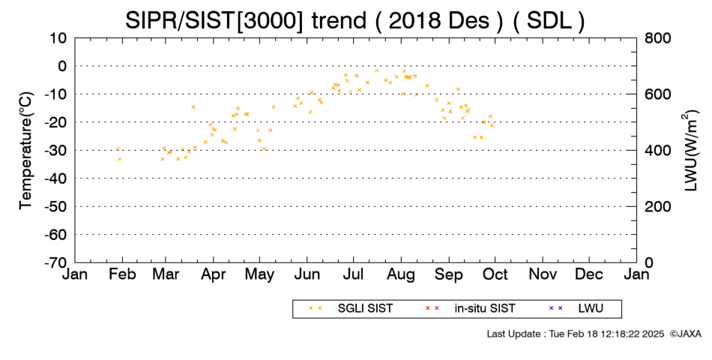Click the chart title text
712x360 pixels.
[355, 20]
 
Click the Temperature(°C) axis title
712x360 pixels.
[26, 151]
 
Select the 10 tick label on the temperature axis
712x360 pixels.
[58, 38]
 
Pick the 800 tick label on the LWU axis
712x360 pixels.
[657, 38]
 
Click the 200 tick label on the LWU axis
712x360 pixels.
[657, 207]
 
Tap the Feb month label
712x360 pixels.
[122, 274]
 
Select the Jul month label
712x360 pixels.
[353, 274]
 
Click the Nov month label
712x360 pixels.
[543, 274]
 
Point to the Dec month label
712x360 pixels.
[589, 274]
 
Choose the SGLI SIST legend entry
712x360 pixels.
[351, 309]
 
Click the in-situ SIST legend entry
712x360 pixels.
[469, 309]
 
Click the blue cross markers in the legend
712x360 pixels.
[555, 308]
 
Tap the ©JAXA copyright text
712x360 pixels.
[685, 334]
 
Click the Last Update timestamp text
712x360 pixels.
[576, 334]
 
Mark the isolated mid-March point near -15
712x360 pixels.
[193, 106]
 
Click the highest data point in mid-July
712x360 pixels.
[376, 70]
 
